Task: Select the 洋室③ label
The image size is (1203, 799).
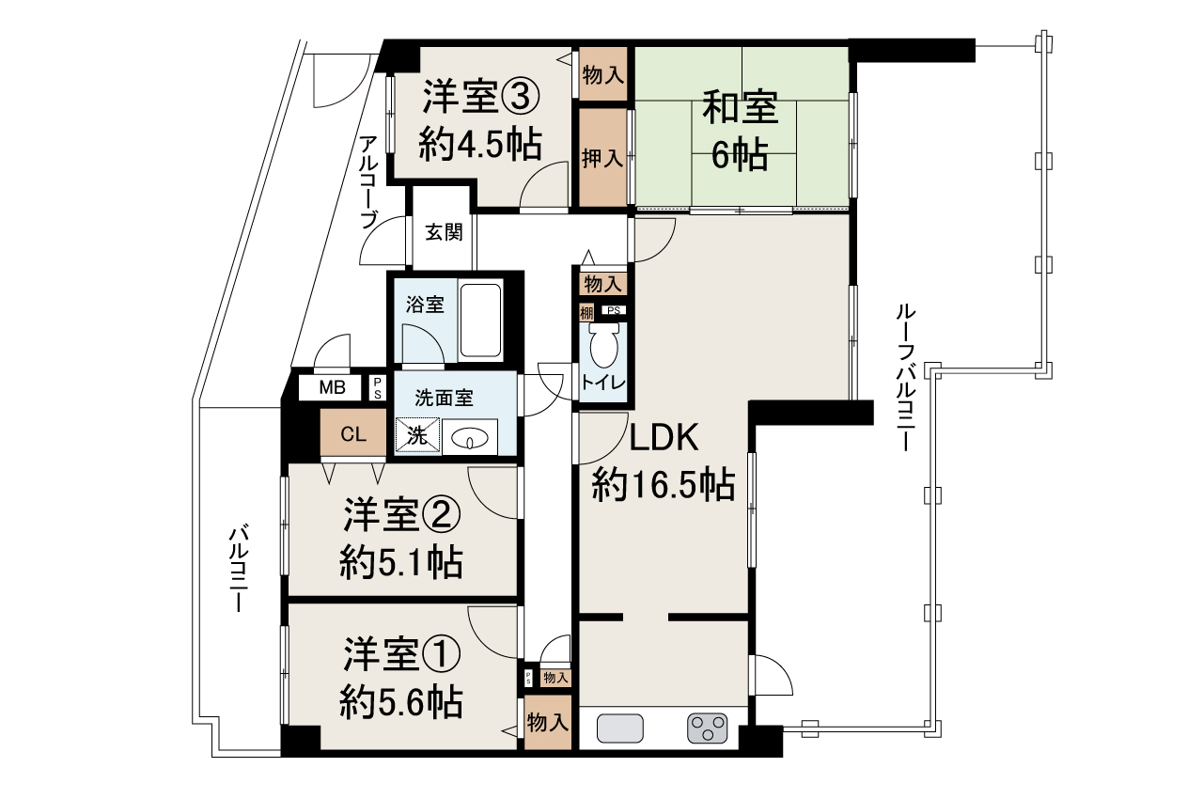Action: [480, 97]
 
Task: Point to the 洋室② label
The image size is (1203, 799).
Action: [401, 514]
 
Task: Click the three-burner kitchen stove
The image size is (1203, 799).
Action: [708, 728]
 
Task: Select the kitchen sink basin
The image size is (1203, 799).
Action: [620, 728]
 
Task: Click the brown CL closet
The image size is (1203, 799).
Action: [353, 434]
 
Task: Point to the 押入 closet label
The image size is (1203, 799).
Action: [601, 159]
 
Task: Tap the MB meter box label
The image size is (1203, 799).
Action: [331, 387]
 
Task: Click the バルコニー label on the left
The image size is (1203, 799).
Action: [238, 570]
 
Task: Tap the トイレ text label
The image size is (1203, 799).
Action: [601, 383]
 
